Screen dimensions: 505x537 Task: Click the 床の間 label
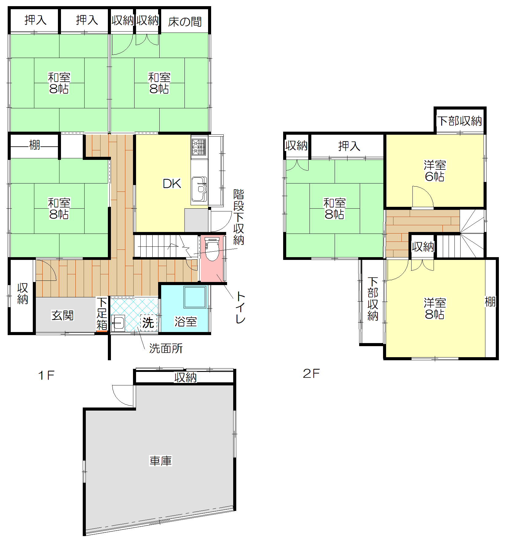[185, 22]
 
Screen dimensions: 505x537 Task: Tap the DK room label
[172, 184]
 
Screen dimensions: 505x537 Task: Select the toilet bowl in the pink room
[212, 249]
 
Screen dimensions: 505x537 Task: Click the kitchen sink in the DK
[199, 189]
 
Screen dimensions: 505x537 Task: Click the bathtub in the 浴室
[195, 297]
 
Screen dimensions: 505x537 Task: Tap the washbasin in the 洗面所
[118, 323]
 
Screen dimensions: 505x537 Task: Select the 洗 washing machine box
[149, 323]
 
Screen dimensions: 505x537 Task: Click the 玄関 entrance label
[63, 315]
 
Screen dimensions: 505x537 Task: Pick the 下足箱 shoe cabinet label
[102, 313]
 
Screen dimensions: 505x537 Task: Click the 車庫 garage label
[161, 461]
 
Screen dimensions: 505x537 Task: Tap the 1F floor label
[46, 375]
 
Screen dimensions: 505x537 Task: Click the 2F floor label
[311, 373]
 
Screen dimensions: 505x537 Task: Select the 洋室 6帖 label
[435, 171]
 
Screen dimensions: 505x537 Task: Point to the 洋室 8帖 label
[435, 308]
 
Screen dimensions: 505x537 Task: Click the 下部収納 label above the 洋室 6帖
[459, 121]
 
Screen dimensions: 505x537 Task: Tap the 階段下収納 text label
[239, 217]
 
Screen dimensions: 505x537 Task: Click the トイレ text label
[241, 307]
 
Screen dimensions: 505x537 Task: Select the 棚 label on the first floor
[34, 145]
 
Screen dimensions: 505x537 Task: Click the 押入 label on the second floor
[349, 146]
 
